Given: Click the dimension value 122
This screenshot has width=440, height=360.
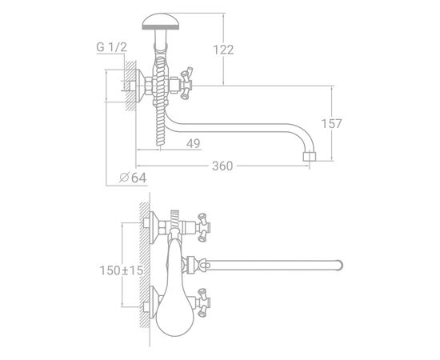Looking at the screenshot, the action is [x=223, y=50].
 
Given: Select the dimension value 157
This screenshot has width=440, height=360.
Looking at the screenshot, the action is [x=331, y=123].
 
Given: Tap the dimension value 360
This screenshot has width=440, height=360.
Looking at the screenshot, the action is [x=222, y=166].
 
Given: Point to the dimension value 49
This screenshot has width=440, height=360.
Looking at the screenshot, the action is [x=194, y=143].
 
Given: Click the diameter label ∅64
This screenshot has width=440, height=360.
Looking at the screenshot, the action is [x=133, y=178].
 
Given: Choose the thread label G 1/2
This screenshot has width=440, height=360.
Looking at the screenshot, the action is [x=112, y=47].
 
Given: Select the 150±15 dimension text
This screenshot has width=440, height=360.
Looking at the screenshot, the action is [x=122, y=270].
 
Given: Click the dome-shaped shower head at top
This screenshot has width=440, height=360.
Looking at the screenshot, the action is [x=161, y=22].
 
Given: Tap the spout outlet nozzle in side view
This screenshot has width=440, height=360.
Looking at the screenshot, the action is [x=310, y=157].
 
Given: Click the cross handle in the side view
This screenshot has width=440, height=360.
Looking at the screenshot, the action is [x=186, y=83].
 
